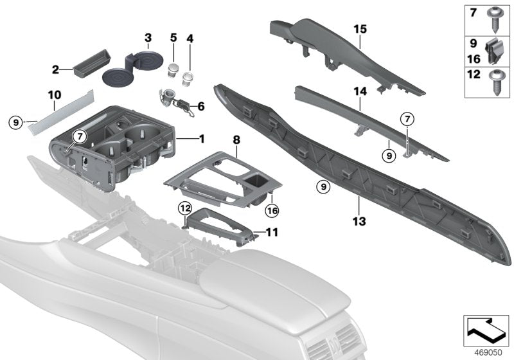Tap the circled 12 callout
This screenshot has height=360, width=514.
coord(184,208)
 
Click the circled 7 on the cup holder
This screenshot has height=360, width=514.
coord(78,136)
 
